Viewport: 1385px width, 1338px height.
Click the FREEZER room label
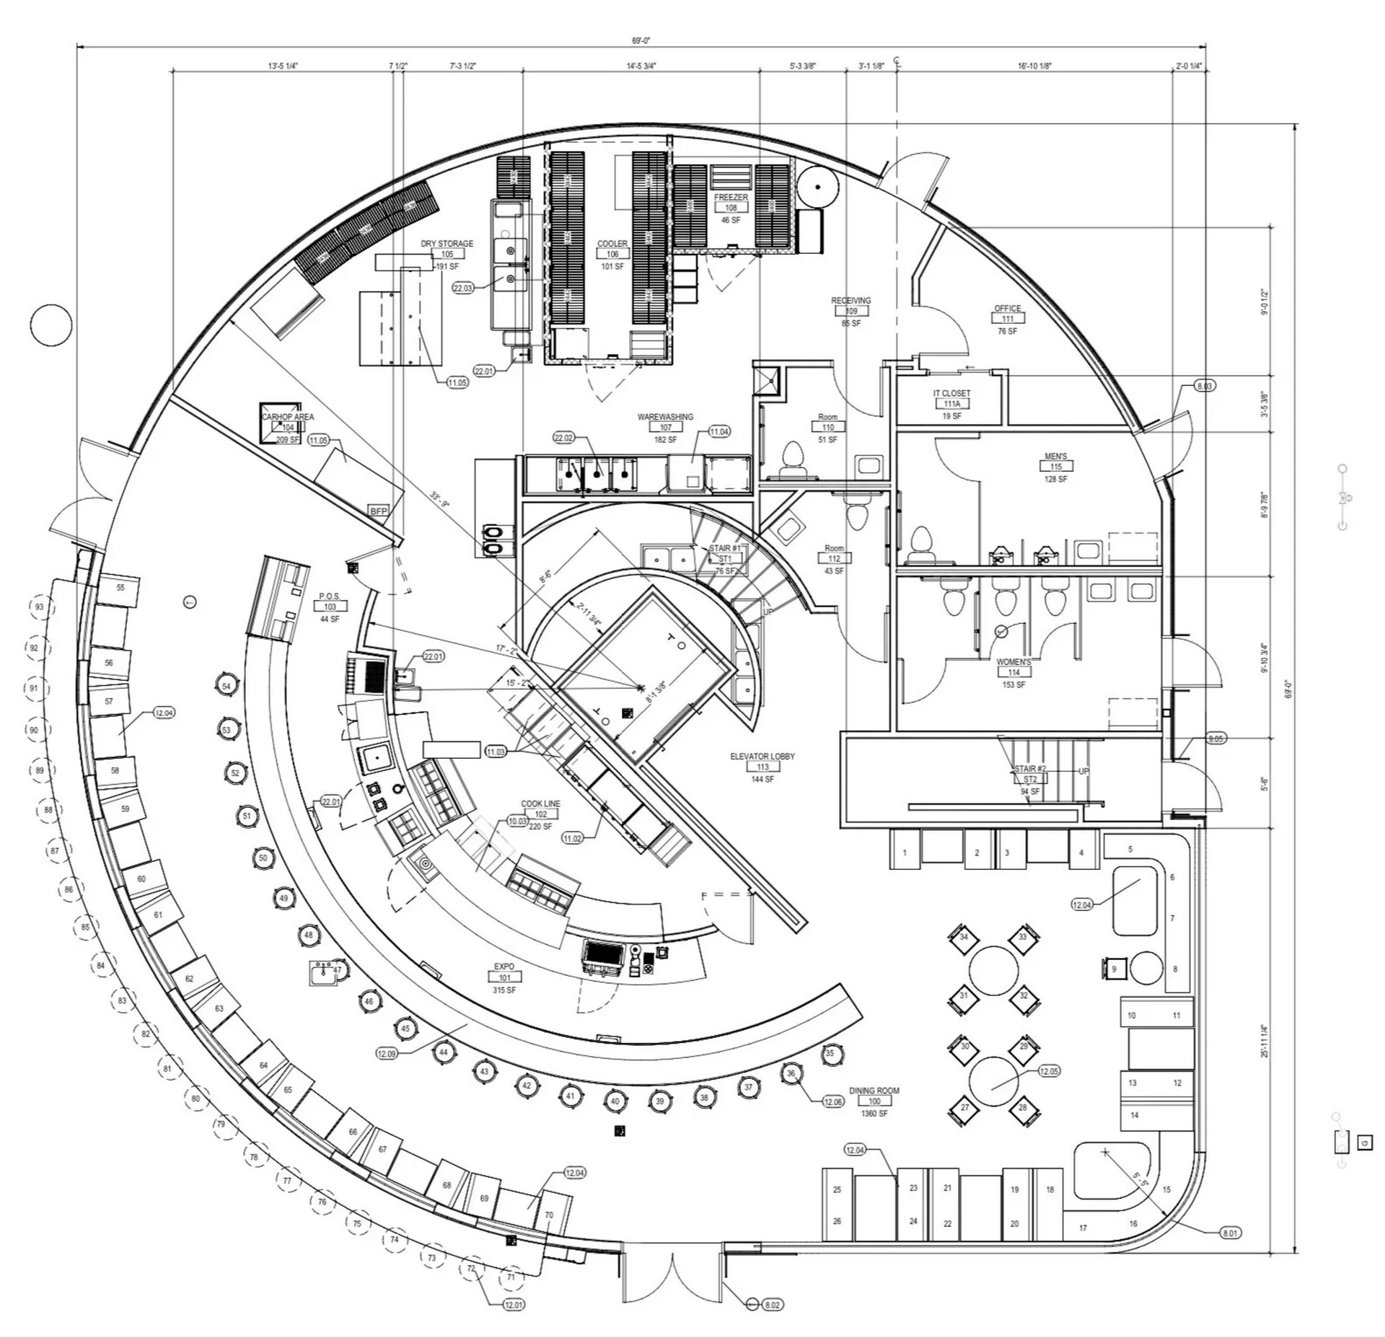pos(731,197)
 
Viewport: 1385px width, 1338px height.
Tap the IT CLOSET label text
pos(951,393)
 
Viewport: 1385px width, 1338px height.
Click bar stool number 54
pos(227,686)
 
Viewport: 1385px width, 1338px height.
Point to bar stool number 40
pos(615,1101)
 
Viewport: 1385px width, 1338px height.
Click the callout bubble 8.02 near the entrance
pos(772,1305)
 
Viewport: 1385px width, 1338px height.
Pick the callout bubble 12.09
pos(387,1054)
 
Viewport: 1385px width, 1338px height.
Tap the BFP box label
pos(379,511)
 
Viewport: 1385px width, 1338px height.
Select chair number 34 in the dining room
pos(964,938)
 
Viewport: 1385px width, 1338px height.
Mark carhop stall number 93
pos(40,607)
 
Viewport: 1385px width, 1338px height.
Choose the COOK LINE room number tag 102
pos(541,814)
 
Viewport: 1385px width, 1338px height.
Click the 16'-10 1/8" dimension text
pos(1034,66)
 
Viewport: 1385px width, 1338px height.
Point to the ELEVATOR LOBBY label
pos(762,756)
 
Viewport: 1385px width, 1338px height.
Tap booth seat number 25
pos(837,1189)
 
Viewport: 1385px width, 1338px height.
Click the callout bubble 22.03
pos(463,288)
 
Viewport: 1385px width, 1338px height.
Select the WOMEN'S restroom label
pos(1014,661)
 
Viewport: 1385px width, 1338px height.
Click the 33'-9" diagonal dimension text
pos(439,499)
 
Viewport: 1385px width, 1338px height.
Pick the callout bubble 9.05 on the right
pos(1215,739)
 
